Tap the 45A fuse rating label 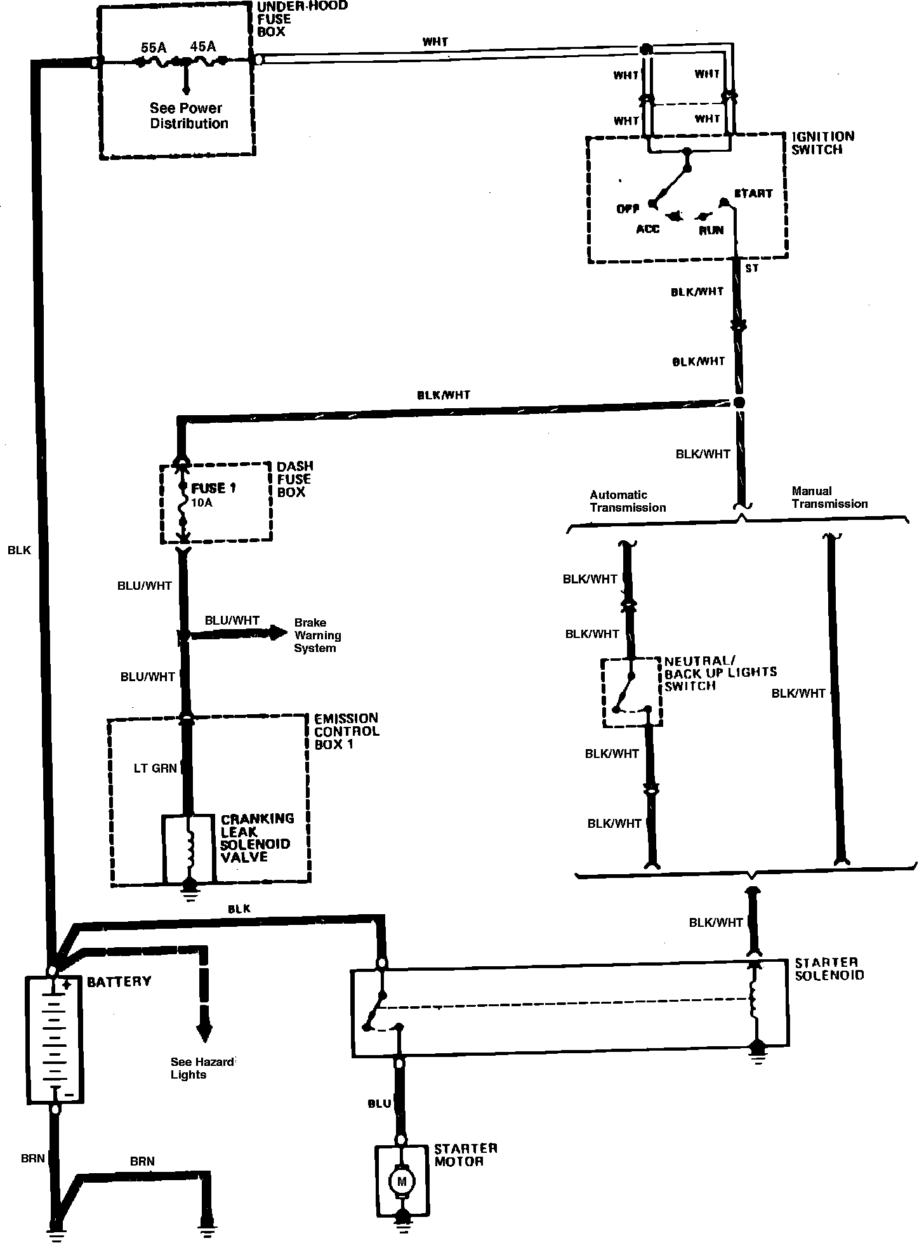[203, 46]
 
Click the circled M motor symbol [401, 1181]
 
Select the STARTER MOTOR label [465, 1155]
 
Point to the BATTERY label [119, 981]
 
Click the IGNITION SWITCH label [822, 143]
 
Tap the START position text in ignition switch [753, 193]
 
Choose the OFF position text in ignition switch [627, 209]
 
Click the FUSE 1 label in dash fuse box [213, 488]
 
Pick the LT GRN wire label [155, 769]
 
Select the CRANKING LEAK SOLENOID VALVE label [257, 837]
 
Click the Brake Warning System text [317, 635]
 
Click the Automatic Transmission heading [628, 501]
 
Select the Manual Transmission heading [829, 497]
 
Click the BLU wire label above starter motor [379, 1104]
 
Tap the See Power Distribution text [188, 116]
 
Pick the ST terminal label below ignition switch [751, 269]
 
